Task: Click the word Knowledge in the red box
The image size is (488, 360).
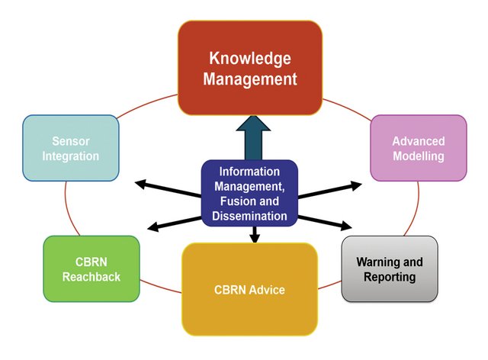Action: [x=250, y=58]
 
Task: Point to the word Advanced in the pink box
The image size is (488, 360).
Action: [x=418, y=142]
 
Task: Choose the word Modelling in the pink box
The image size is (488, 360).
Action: [x=418, y=156]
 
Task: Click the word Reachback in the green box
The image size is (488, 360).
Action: [x=91, y=277]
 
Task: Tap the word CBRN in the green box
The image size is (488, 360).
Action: [x=91, y=262]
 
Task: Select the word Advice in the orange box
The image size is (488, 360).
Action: [x=268, y=290]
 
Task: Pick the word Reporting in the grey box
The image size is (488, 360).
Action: [x=390, y=277]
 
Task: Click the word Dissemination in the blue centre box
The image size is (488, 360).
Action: [x=249, y=216]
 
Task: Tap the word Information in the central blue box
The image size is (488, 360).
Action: [x=249, y=172]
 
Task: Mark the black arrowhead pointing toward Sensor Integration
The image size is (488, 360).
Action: [x=140, y=183]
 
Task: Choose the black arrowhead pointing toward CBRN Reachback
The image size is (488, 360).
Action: [x=151, y=227]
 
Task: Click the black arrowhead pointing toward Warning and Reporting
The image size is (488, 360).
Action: [x=348, y=227]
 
